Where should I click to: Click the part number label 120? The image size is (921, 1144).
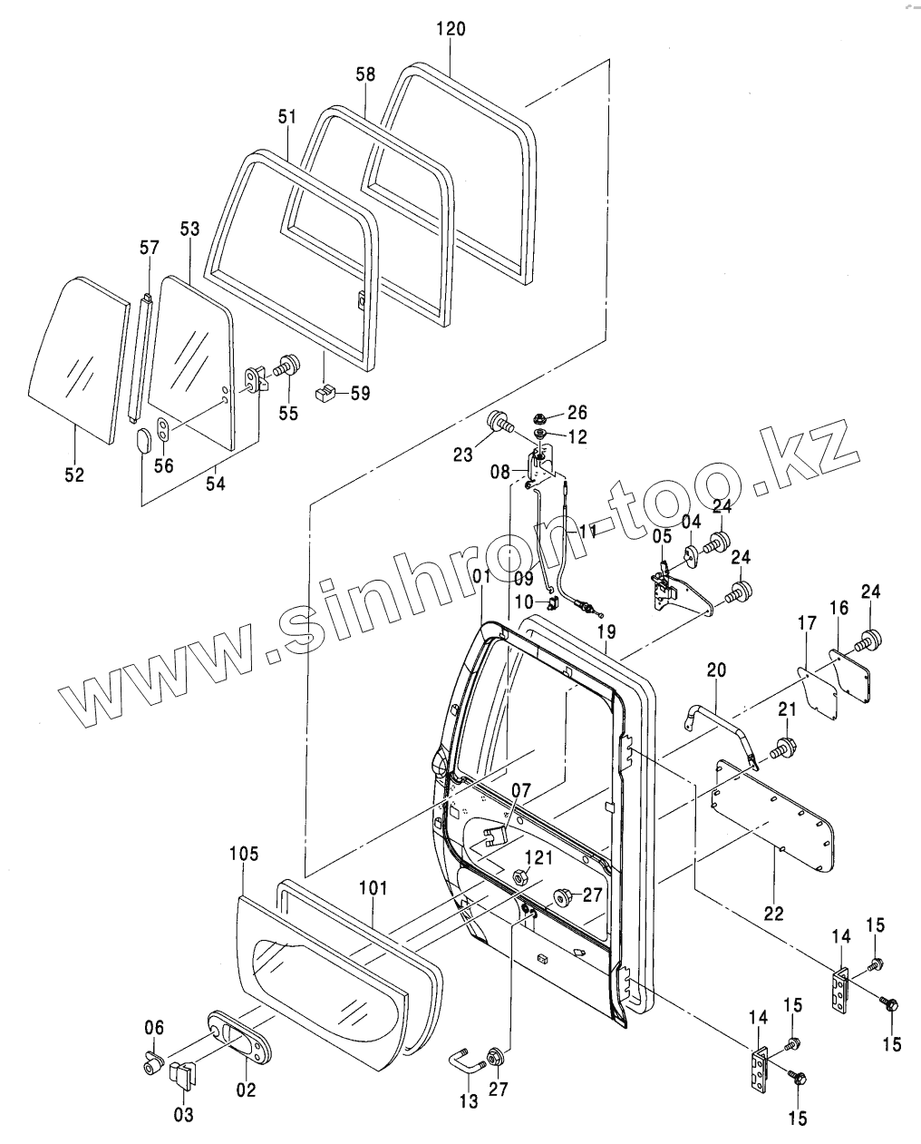450,29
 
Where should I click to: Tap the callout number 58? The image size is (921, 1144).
364,74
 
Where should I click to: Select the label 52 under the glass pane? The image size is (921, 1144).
74,474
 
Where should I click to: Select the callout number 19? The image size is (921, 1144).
606,631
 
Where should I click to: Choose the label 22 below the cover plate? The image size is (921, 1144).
772,914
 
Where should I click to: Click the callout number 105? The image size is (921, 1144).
244,854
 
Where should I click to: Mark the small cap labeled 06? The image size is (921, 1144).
152,1060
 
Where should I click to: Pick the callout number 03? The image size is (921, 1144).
183,1115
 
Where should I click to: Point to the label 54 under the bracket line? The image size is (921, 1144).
215,483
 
